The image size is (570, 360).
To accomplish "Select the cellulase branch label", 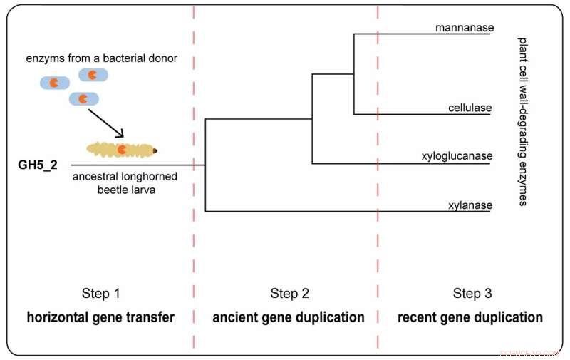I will point(470,108).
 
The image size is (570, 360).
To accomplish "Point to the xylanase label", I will point(470,205).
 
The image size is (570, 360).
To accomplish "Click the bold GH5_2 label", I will point(38,165).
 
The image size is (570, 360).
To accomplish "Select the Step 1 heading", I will point(100,293).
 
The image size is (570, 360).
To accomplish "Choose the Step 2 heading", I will point(289,293).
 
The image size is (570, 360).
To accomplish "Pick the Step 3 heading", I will point(472,293).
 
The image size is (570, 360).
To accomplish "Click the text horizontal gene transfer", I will point(100,317).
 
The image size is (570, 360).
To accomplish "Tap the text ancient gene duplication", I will point(289,317).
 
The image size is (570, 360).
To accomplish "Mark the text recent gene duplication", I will point(470,317).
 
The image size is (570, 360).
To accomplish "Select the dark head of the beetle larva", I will point(155,150).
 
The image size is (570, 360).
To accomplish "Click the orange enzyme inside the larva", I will point(123,149).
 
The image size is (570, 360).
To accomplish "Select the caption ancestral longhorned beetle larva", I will point(125,182).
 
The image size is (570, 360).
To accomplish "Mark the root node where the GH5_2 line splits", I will point(205,165).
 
